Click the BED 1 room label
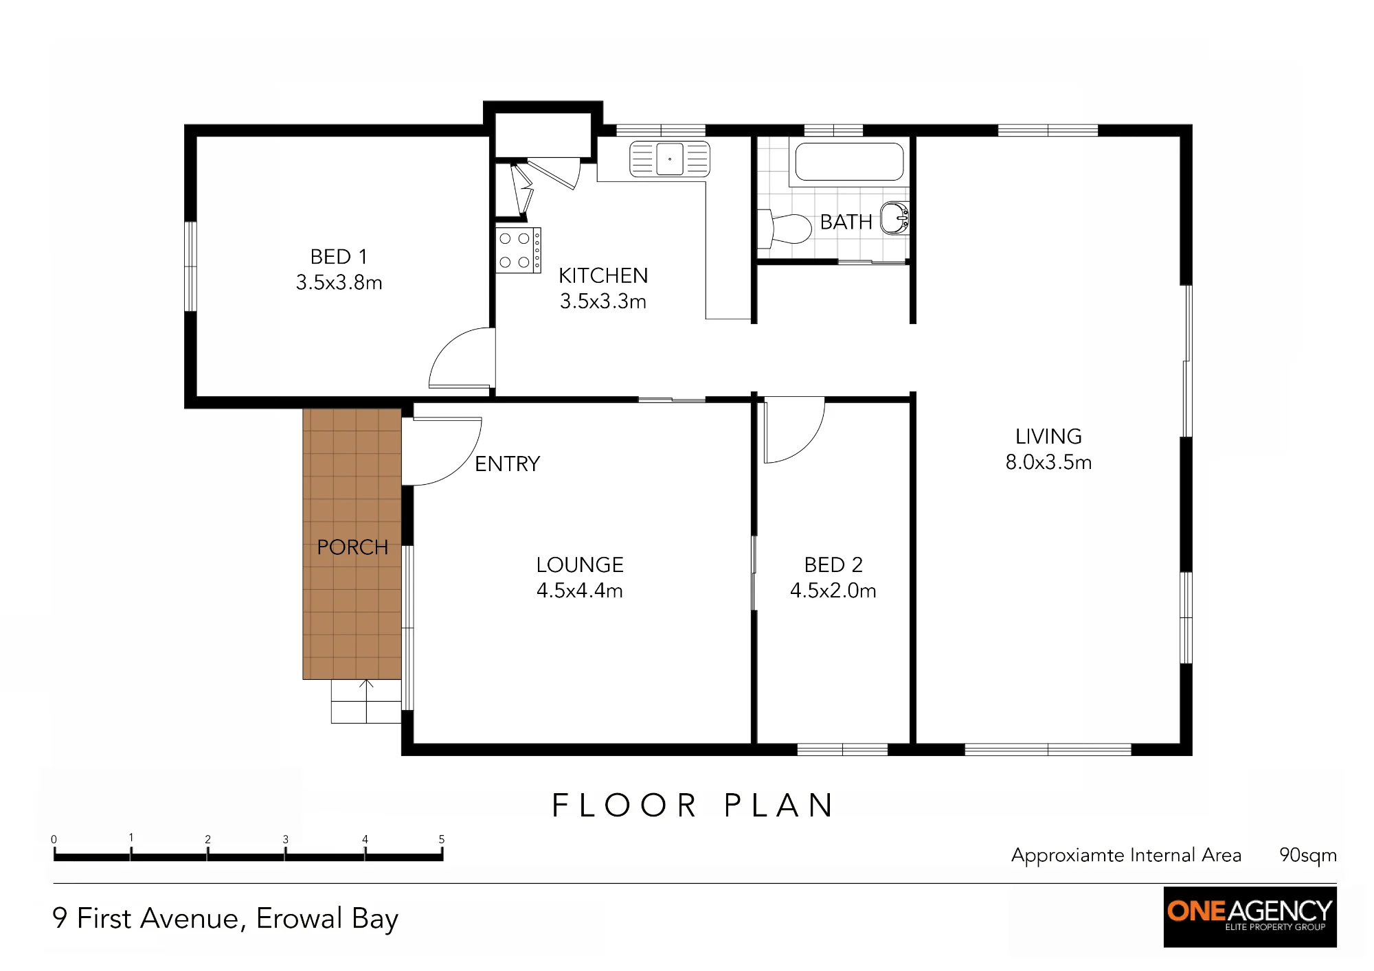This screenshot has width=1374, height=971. [x=339, y=257]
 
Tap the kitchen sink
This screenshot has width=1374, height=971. [x=670, y=159]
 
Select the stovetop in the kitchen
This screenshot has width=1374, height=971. [x=518, y=251]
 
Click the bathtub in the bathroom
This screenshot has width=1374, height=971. [x=849, y=162]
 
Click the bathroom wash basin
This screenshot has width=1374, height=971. [x=894, y=218]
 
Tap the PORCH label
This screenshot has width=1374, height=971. [x=352, y=547]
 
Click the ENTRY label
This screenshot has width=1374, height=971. [x=508, y=464]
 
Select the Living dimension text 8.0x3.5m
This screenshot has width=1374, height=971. [x=1048, y=462]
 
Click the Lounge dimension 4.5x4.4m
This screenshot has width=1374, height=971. [x=579, y=591]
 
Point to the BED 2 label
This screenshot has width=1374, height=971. [x=833, y=564]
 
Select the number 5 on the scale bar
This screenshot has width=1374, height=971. [x=442, y=839]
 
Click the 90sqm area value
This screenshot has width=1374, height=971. [x=1307, y=856]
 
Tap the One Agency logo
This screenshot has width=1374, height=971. [x=1250, y=917]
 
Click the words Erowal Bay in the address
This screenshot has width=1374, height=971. [x=327, y=919]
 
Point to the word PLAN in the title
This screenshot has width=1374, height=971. [x=780, y=806]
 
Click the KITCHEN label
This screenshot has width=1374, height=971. [x=603, y=276]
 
